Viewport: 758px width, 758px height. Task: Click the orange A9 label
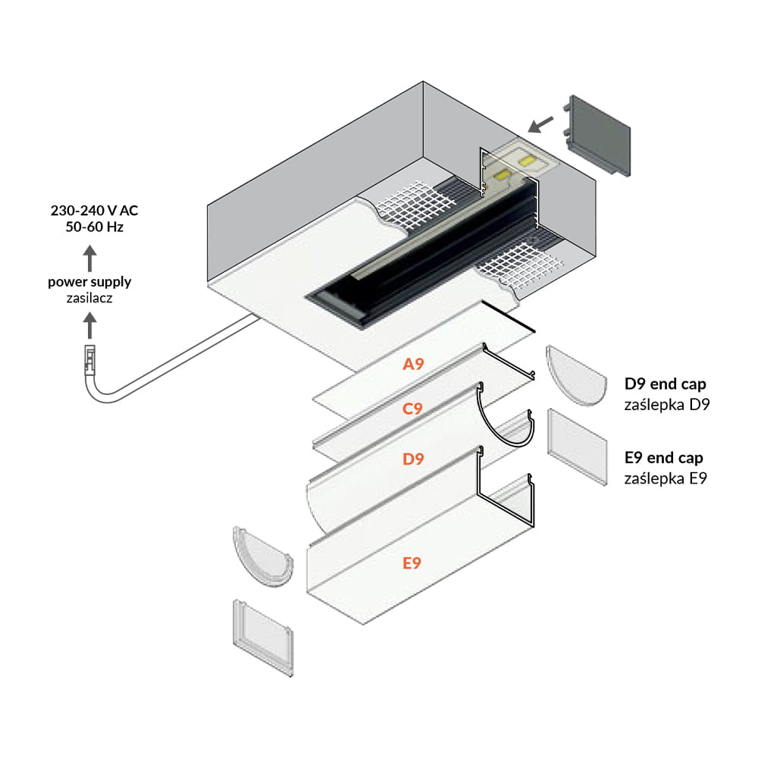[413, 365]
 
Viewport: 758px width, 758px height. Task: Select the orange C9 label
[412, 409]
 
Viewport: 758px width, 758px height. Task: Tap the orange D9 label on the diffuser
[413, 459]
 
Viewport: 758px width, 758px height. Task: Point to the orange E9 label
[412, 562]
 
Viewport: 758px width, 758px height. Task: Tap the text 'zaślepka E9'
[665, 478]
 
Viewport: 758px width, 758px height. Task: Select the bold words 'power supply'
[89, 282]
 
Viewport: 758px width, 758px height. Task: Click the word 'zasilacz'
[89, 299]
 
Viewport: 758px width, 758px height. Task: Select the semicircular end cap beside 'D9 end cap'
[576, 376]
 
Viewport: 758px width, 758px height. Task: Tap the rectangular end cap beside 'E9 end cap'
[577, 446]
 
